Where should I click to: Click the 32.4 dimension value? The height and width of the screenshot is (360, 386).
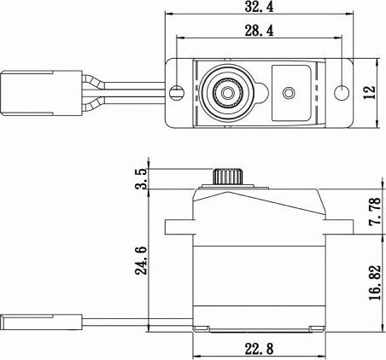[x=259, y=7]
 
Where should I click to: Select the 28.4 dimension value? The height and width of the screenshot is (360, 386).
[x=259, y=31]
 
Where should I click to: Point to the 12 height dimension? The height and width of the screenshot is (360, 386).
[x=370, y=92]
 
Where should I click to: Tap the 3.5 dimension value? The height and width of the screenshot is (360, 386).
[x=141, y=178]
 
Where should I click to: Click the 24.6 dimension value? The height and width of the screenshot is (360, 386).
[x=141, y=260]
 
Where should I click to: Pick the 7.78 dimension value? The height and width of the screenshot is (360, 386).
[x=375, y=212]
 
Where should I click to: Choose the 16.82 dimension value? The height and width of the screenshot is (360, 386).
[x=375, y=282]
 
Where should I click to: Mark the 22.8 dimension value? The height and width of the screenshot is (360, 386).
[x=259, y=349]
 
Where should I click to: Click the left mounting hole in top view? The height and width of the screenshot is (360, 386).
[x=177, y=92]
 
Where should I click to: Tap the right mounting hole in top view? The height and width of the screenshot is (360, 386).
[x=342, y=92]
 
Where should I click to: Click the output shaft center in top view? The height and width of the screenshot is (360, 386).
[x=227, y=92]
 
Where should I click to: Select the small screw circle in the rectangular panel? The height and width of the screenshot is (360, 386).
[x=289, y=93]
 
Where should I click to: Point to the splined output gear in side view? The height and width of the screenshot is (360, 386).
[x=227, y=177]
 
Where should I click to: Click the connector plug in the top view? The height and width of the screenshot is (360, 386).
[x=41, y=93]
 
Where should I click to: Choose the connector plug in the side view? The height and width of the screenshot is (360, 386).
[x=41, y=322]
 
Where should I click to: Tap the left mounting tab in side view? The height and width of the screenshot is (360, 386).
[x=179, y=227]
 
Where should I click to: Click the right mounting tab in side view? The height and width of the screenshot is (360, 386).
[x=339, y=227]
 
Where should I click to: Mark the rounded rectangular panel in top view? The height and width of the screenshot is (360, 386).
[x=290, y=93]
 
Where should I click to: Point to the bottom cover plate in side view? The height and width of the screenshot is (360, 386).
[x=259, y=329]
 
